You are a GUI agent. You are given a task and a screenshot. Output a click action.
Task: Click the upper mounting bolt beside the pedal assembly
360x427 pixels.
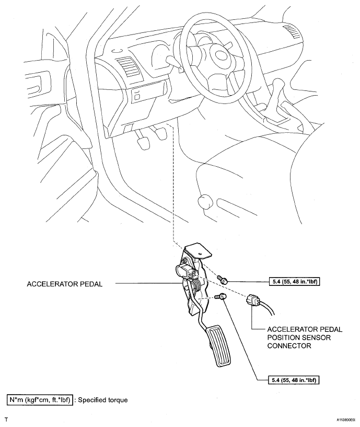223,281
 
